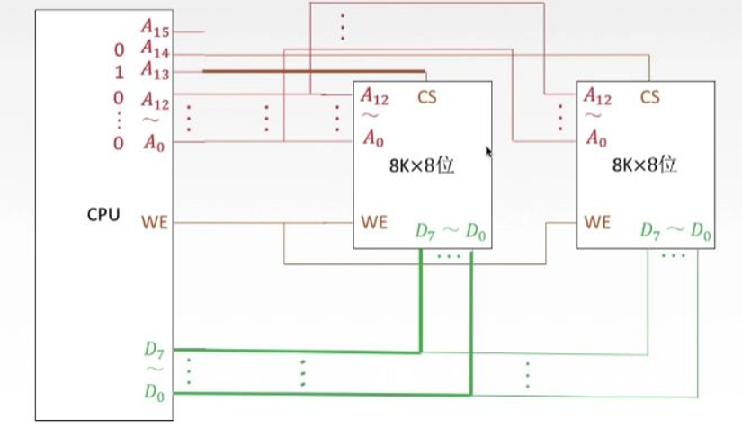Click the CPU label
tap(103, 216)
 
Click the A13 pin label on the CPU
tap(155, 70)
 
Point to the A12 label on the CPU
tap(155, 94)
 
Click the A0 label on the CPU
tap(154, 141)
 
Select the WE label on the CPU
tap(155, 221)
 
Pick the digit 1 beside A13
tap(119, 72)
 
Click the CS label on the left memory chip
tap(427, 96)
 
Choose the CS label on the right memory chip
tap(649, 96)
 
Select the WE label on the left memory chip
tap(374, 221)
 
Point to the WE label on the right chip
tap(597, 221)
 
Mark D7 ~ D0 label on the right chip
tap(675, 232)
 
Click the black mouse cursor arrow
tap(488, 152)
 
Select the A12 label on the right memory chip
tap(598, 95)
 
